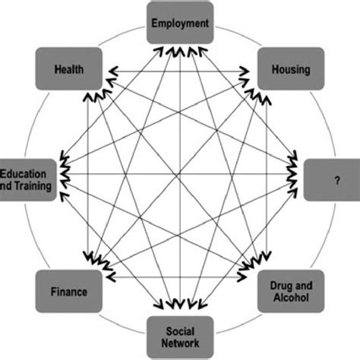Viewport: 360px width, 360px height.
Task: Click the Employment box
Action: [x=179, y=24]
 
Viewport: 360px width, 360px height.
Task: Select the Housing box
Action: [x=290, y=69]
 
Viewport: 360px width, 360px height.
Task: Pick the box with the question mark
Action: [x=332, y=179]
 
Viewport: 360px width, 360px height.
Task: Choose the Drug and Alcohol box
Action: [x=291, y=291]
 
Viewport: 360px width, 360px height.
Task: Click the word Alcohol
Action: [x=291, y=298]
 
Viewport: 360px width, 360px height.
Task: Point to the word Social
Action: [x=179, y=329]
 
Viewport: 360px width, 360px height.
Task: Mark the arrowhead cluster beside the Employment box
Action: [x=179, y=52]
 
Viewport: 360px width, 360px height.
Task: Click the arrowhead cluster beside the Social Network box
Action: [x=179, y=307]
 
